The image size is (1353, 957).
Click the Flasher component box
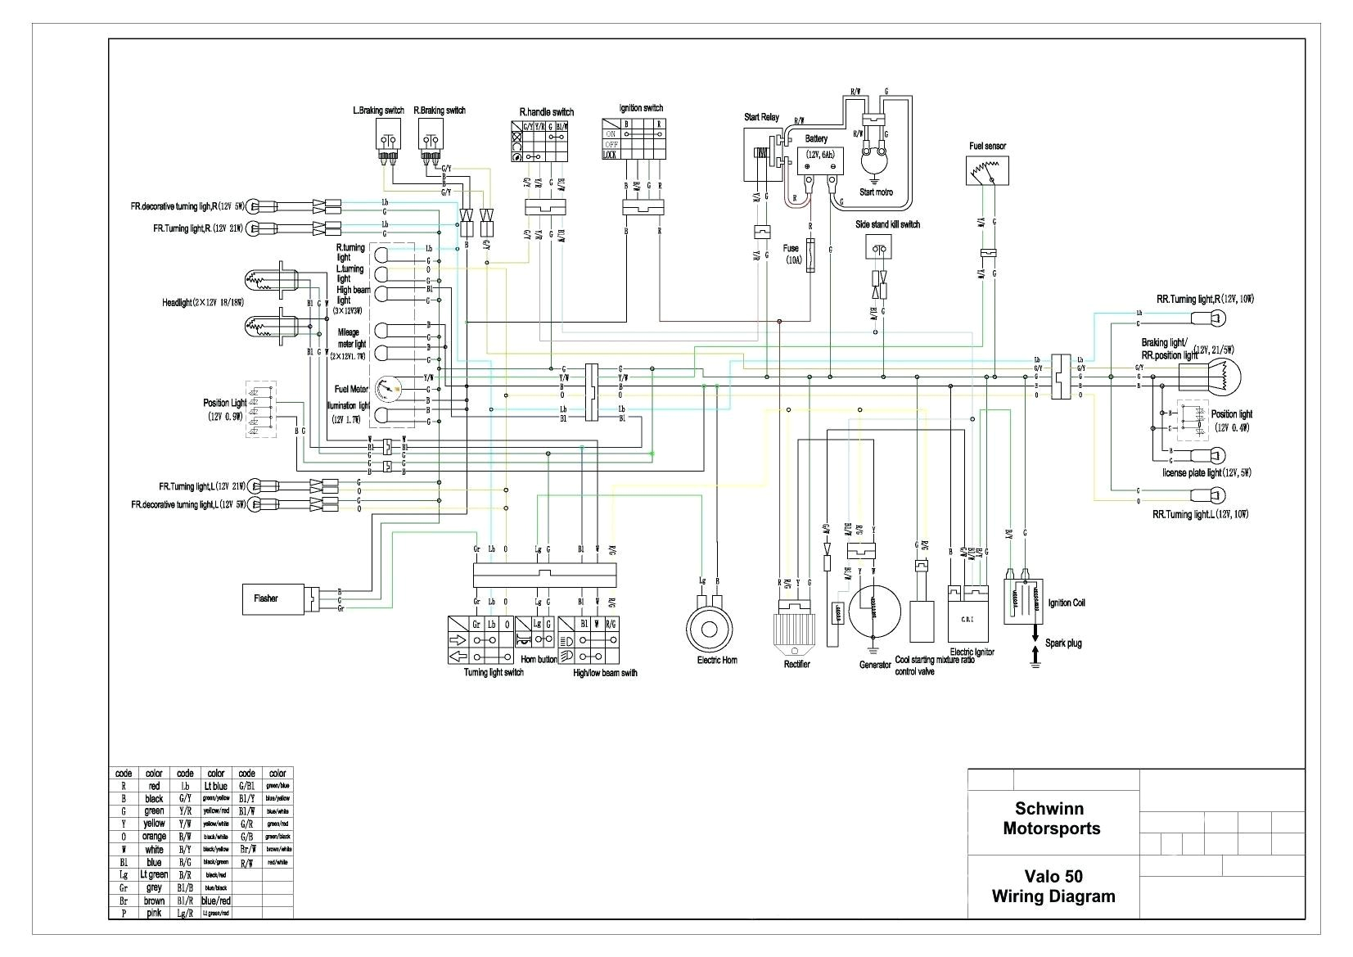[x=273, y=598]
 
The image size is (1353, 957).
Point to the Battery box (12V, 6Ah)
[x=819, y=161]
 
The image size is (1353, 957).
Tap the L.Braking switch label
[x=378, y=110]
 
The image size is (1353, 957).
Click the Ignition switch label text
[x=641, y=108]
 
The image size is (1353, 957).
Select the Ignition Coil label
[x=1067, y=603]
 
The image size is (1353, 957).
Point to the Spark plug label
[x=1063, y=643]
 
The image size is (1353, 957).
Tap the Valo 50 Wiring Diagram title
[x=1053, y=886]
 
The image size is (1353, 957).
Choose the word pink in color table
[x=154, y=913]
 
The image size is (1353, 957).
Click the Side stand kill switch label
[x=887, y=224]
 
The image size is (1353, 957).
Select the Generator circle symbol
[x=873, y=610]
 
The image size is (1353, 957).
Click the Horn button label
[x=538, y=658]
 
